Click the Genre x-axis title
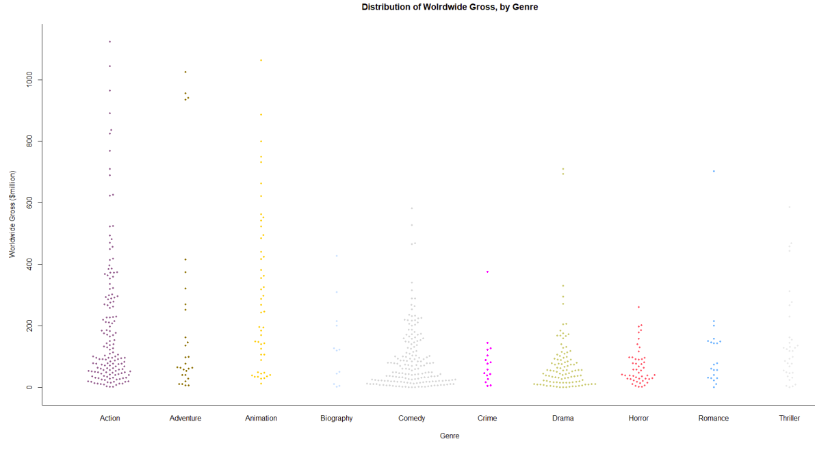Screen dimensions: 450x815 450,436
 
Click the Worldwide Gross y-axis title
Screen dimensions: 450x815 12,214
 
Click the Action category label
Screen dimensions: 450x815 109,418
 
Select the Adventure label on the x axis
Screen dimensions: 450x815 185,418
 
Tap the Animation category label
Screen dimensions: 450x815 261,418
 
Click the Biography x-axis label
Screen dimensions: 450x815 337,418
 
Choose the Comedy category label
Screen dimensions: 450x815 412,418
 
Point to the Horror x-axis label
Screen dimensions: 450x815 638,418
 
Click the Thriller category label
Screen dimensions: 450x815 789,418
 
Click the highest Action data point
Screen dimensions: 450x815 109,42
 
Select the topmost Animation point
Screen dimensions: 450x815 261,60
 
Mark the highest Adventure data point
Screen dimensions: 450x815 185,72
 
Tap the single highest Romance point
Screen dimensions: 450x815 714,171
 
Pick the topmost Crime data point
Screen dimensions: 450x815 487,272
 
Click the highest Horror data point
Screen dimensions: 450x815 638,307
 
